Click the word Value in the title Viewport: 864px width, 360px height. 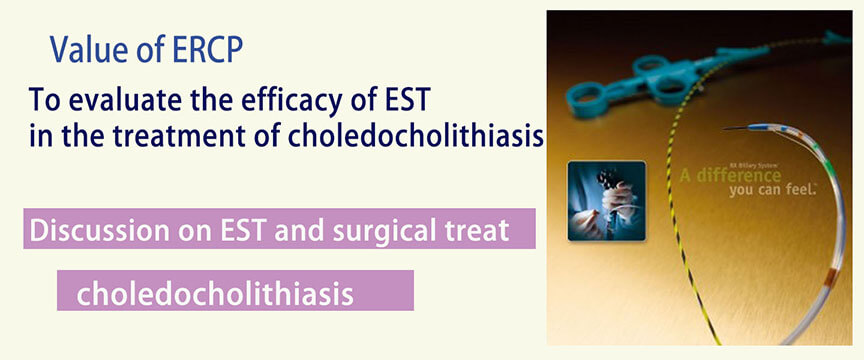click(85, 50)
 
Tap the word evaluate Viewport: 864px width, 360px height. click(111, 103)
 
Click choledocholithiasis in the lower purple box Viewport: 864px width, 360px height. click(215, 293)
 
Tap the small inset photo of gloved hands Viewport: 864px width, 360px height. click(606, 201)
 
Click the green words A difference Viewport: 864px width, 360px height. click(730, 176)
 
